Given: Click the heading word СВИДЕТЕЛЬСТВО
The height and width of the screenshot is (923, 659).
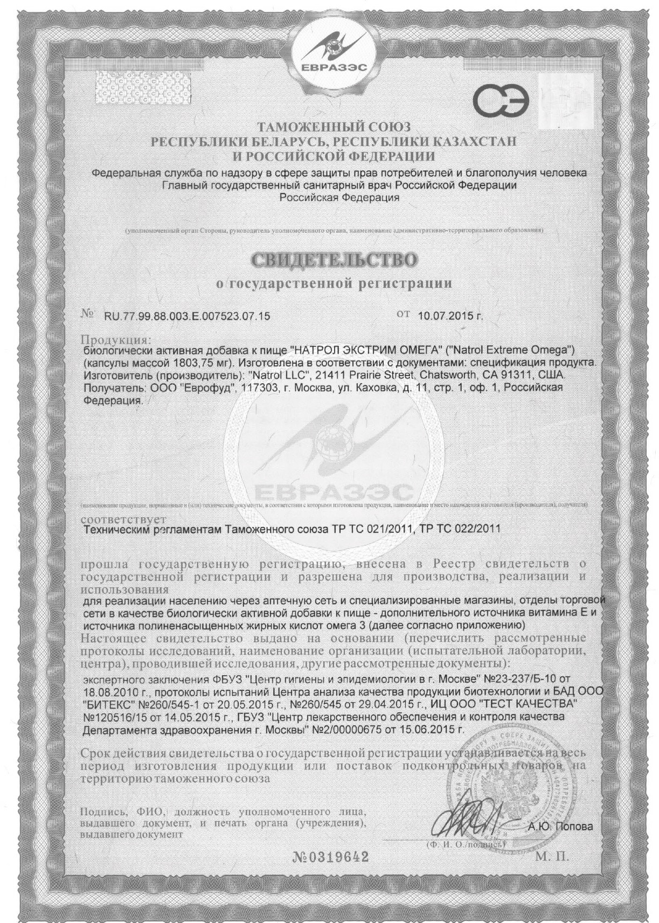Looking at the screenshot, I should (334, 261).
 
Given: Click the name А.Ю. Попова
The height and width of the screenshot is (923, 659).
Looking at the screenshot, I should (560, 827).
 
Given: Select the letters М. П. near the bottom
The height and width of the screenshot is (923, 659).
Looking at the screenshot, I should (552, 857).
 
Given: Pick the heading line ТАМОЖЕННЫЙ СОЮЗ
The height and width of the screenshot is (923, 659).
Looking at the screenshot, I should (334, 128).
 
